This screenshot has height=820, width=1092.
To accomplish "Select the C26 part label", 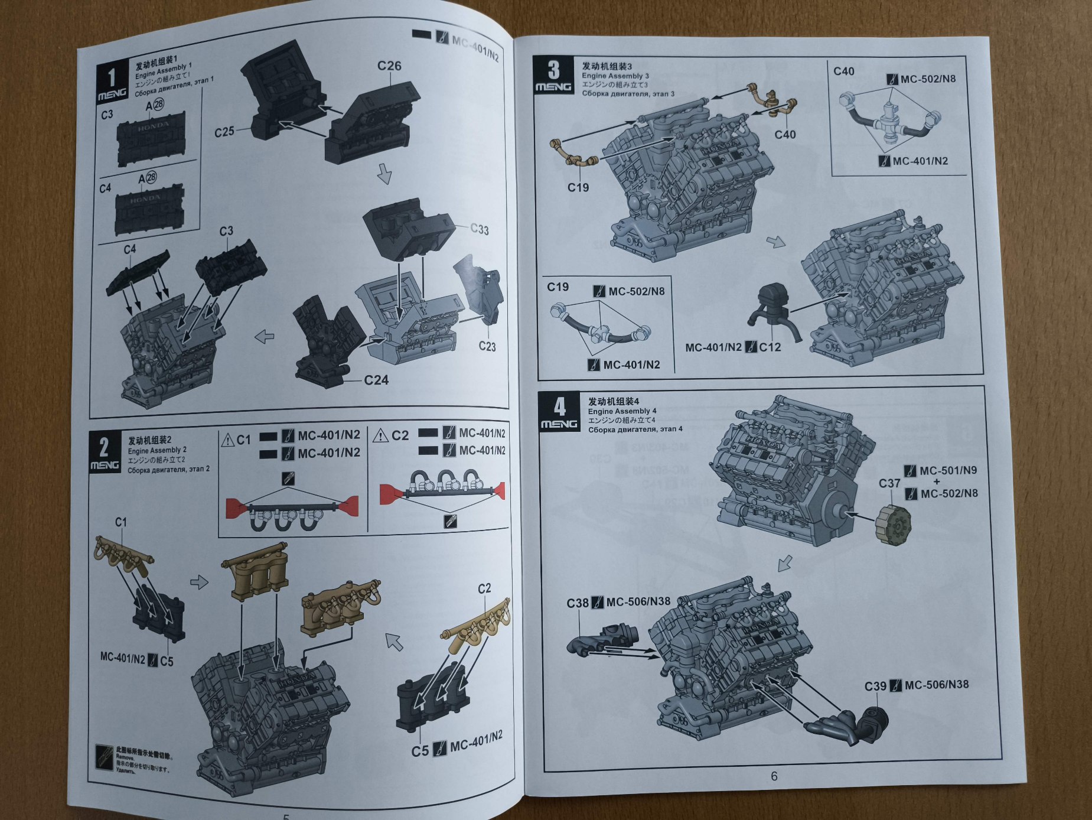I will (x=389, y=66).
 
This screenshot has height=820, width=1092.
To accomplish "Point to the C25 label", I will (x=224, y=132).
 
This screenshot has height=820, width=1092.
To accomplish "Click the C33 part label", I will (x=480, y=229).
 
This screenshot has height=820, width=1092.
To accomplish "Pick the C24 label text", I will (x=376, y=380).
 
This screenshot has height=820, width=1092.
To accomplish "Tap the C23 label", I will (x=487, y=346).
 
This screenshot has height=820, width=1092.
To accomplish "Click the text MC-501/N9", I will (x=948, y=471).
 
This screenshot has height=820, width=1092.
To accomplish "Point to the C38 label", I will (x=578, y=603).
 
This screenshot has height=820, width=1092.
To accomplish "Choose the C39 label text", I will (x=875, y=686).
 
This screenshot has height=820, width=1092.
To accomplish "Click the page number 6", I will (x=774, y=776).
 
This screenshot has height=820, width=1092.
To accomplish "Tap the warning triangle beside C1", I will (x=228, y=440).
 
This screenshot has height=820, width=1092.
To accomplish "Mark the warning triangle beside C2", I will (x=381, y=436).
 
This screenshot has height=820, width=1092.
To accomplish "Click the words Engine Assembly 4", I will (x=622, y=411).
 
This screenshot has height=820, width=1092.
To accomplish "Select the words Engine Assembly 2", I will (x=157, y=451).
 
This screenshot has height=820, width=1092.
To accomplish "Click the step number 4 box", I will (x=559, y=412).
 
